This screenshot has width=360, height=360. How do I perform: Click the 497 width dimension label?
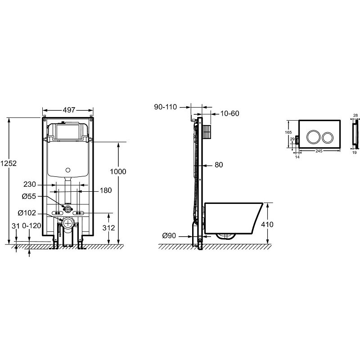69,110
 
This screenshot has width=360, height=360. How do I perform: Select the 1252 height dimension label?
9,163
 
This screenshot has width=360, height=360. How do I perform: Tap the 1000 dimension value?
118,171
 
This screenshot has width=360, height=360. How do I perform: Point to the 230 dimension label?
30,184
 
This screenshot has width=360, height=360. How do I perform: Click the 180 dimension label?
106,190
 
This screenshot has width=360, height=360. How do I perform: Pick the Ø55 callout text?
29,196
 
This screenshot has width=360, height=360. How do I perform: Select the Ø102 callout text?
27,213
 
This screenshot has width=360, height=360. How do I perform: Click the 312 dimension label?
108,228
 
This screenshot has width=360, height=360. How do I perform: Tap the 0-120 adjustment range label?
31,226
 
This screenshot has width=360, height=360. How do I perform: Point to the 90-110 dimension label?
166,107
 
